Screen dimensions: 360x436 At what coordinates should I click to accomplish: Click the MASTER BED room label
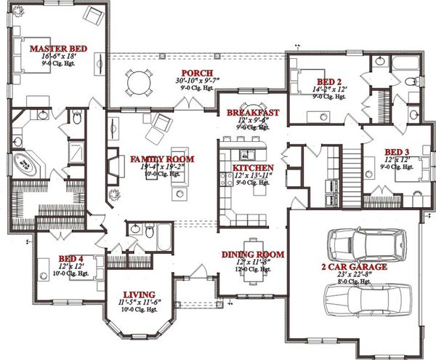click(57, 49)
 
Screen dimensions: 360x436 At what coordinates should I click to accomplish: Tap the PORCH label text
click(197, 73)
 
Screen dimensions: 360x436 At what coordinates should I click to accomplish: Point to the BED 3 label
click(398, 152)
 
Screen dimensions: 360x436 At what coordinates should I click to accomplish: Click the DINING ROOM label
click(253, 255)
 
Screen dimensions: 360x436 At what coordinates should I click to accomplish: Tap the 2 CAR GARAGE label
click(354, 267)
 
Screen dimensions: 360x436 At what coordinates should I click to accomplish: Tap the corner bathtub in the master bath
click(28, 162)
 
